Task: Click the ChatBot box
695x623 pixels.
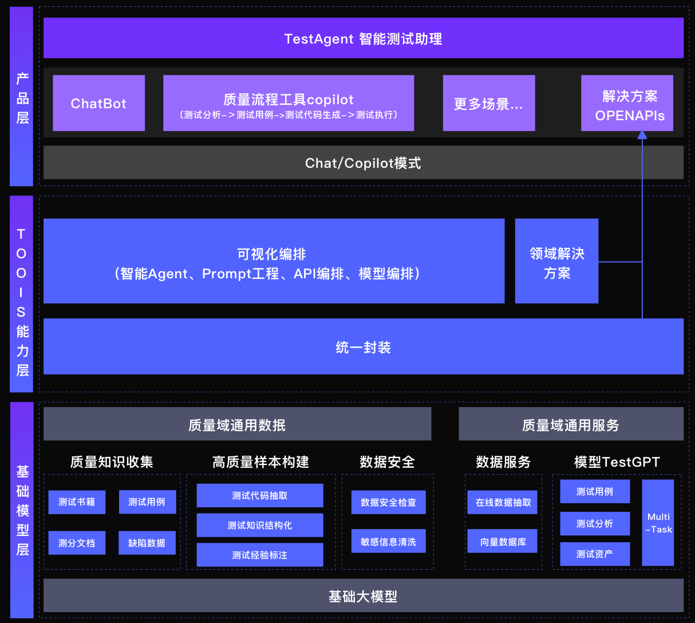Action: (x=98, y=103)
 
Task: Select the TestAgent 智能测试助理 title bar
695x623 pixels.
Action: (x=364, y=38)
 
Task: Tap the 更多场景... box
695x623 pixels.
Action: (x=489, y=103)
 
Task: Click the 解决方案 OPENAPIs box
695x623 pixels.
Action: (x=627, y=103)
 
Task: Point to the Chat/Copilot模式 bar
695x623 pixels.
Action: (x=364, y=163)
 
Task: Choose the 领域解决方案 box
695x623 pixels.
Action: (x=556, y=261)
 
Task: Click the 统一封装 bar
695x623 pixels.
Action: (x=364, y=346)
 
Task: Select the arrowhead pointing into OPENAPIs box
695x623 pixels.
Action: (x=642, y=135)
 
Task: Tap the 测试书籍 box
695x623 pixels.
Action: (x=77, y=502)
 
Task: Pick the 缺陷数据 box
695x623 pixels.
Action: (x=147, y=543)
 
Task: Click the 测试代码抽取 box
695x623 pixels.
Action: (x=260, y=496)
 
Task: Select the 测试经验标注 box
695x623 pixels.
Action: (x=260, y=555)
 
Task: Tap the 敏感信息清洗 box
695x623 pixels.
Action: (x=389, y=541)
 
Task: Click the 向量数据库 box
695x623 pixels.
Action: (x=503, y=541)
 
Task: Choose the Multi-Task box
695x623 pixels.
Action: (x=658, y=523)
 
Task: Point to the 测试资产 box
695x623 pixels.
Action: (x=595, y=554)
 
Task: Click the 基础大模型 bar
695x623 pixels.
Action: (x=364, y=596)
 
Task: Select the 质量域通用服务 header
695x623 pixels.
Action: (x=571, y=424)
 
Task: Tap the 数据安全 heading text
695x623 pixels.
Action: (x=388, y=462)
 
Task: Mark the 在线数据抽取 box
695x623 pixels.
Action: (x=503, y=502)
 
